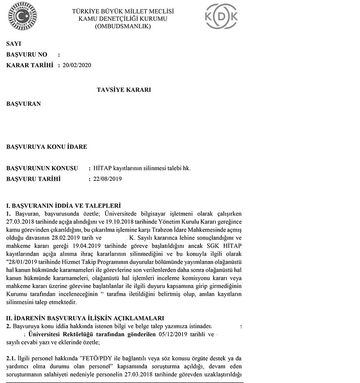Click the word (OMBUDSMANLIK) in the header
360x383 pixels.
coord(123,26)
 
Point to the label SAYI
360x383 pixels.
coord(13,44)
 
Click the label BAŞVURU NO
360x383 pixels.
coord(27,54)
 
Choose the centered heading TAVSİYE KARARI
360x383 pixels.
coord(124,90)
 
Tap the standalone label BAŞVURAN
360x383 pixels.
coord(24,104)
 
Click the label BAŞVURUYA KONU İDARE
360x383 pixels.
coord(47,147)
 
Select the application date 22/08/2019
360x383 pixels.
coord(108,178)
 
